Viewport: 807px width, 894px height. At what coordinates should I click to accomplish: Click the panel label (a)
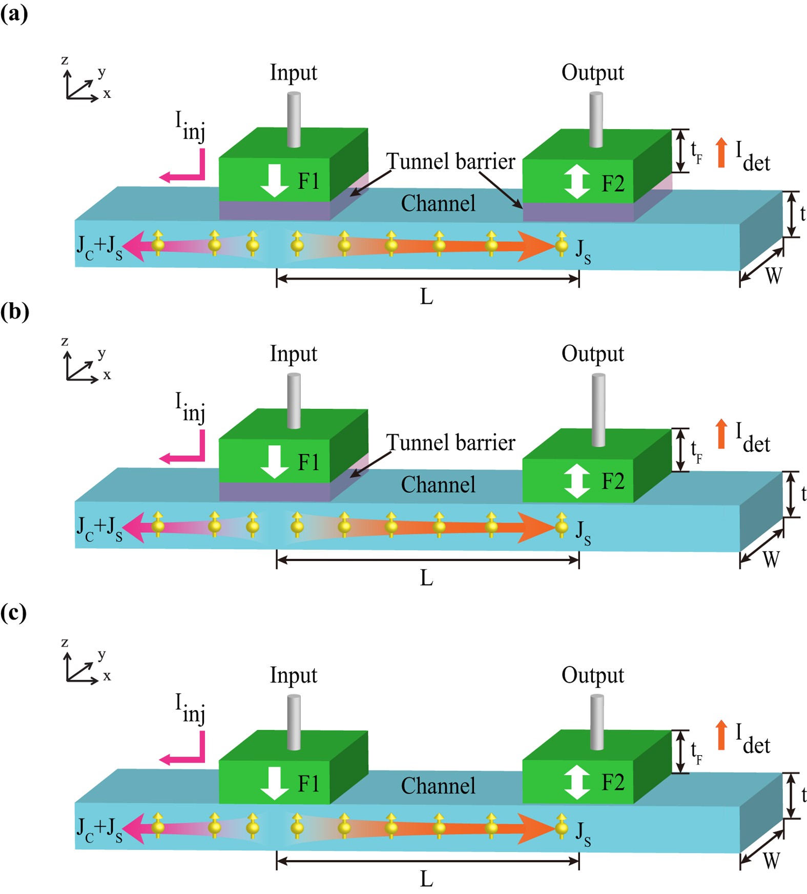14,13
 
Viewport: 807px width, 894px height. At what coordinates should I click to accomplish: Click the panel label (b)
14,311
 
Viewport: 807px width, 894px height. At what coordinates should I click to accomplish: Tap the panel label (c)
14,612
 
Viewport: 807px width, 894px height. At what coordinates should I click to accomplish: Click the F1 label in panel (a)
308,181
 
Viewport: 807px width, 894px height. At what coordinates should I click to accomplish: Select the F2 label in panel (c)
613,782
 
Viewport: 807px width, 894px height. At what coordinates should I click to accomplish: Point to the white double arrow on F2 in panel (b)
577,481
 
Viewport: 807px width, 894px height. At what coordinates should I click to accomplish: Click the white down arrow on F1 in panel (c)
275,783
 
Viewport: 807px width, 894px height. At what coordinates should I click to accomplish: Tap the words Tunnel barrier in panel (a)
450,161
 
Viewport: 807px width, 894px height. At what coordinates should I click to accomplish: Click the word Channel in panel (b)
438,485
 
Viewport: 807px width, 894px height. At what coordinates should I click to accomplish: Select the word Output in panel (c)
593,676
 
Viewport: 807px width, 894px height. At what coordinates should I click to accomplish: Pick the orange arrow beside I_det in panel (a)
721,152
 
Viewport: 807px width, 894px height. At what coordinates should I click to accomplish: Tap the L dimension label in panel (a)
426,297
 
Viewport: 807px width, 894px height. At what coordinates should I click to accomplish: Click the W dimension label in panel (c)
772,860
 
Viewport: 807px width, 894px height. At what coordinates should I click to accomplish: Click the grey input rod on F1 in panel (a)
294,119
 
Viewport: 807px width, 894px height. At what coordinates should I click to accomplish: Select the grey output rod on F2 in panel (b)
598,409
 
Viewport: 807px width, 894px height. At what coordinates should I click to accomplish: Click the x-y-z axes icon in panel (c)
82,666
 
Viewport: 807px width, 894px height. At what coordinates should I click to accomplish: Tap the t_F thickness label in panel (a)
696,152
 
